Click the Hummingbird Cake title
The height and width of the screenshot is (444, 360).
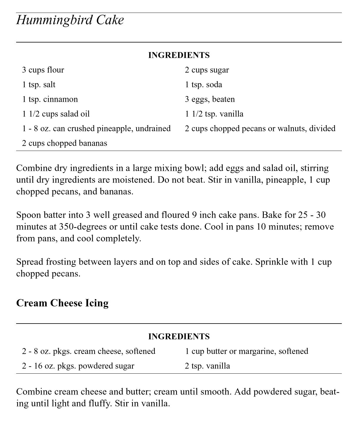[70, 20]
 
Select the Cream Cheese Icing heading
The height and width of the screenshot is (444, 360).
[62, 303]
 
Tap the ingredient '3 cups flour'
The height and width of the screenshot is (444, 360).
[43, 70]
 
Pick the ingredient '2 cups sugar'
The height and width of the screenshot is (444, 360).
[207, 70]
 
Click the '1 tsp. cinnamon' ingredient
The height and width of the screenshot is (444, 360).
[50, 99]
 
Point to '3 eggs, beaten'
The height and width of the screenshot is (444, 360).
[210, 99]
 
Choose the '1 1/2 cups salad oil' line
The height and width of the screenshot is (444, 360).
[56, 114]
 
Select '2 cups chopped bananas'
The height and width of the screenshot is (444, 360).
[65, 143]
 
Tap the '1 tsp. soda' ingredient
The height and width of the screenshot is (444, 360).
[203, 85]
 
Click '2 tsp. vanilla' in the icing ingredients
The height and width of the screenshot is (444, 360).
[207, 366]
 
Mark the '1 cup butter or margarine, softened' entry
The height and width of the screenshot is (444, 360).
[246, 351]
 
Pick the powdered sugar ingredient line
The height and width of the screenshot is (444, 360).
[78, 366]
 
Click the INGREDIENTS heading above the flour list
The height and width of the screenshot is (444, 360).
[179, 55]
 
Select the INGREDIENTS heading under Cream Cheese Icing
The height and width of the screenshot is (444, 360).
[179, 336]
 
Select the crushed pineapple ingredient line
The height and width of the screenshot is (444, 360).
[96, 129]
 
